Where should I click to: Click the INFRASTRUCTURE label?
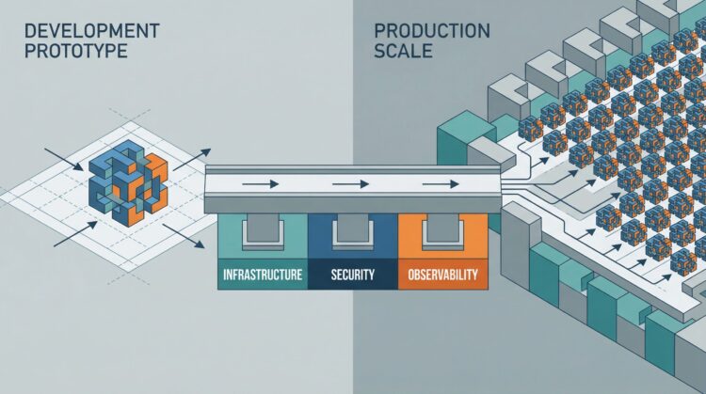262,277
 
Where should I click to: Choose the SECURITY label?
353,277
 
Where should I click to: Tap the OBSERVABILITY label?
443,277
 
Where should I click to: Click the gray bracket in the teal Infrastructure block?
262,232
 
